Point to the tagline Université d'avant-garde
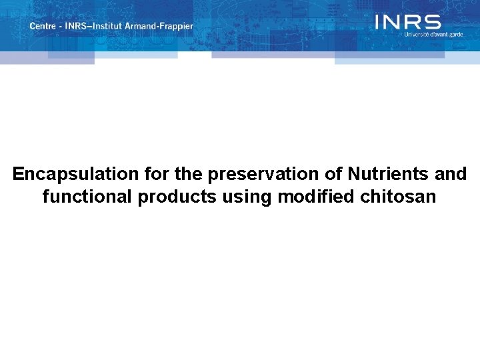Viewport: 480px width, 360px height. pyautogui.click(x=433, y=34)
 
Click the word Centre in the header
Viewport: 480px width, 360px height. pyautogui.click(x=43, y=26)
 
